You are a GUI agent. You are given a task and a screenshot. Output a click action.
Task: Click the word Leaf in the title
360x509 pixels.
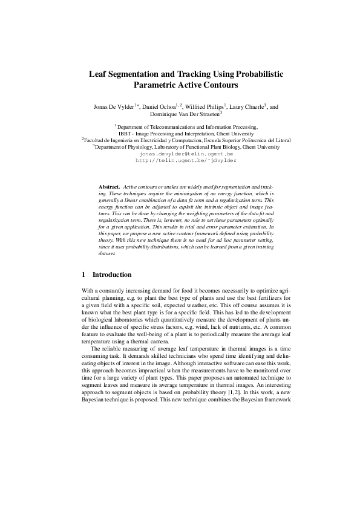click(99, 74)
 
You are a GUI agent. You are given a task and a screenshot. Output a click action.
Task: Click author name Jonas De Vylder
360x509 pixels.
click(113, 106)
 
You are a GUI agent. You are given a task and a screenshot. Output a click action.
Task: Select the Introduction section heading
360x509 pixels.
click(116, 274)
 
